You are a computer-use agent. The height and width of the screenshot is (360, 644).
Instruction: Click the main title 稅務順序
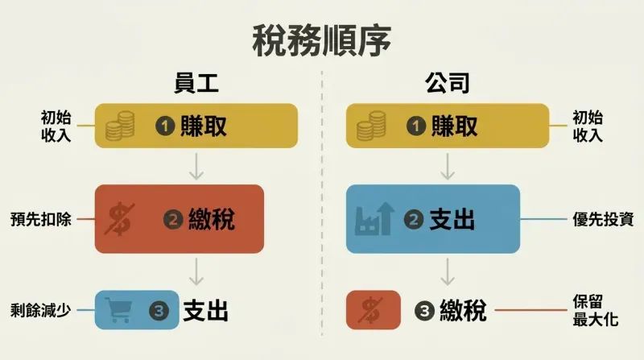321,40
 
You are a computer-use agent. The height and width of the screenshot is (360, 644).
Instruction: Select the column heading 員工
196,83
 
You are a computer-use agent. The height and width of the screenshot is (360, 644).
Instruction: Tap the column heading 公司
448,83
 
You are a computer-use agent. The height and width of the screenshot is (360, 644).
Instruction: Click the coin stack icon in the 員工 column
120,126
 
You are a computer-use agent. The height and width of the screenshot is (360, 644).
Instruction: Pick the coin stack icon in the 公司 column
371,126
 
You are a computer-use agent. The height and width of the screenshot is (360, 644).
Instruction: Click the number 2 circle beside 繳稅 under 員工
173,219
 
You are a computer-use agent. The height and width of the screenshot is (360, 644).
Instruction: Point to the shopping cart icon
118,310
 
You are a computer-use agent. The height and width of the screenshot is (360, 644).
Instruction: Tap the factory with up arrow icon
374,218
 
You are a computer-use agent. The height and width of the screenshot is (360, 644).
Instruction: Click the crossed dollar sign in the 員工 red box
119,218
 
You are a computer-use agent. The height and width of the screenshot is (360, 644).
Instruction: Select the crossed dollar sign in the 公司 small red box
370,310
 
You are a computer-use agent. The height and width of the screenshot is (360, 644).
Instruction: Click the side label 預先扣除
41,219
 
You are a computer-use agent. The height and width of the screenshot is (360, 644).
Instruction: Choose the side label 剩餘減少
41,310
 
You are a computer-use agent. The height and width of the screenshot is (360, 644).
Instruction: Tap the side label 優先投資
603,219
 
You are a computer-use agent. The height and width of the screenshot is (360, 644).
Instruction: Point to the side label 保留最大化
596,310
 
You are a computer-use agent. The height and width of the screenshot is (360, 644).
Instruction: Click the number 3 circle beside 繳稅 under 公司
424,311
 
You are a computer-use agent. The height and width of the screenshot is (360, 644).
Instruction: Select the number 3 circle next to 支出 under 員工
159,311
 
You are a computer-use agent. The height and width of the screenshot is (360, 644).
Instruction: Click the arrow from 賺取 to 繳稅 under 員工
196,167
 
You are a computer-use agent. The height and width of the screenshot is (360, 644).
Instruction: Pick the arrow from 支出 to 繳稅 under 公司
448,271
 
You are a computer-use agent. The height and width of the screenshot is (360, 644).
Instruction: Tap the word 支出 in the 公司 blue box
452,219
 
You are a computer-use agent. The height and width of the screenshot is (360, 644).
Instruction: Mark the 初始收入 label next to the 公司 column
588,126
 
